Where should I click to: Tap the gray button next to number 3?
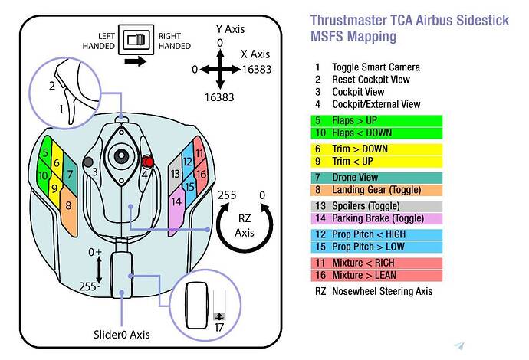(x=89, y=162)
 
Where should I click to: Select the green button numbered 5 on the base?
(x=45, y=152)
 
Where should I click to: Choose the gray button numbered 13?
(x=176, y=174)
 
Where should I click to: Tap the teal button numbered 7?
(x=70, y=175)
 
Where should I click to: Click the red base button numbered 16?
(x=202, y=174)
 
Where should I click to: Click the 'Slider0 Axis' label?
(x=123, y=335)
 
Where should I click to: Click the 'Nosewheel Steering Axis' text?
(x=382, y=291)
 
